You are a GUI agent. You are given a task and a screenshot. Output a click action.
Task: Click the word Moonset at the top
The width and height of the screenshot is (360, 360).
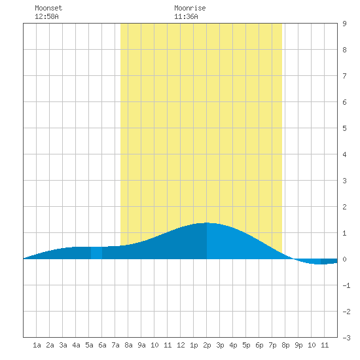[x=48, y=8]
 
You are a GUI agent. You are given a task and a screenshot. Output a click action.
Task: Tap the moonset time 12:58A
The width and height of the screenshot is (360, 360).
[x=46, y=16]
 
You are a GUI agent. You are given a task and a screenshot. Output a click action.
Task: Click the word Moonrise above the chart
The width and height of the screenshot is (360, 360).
[x=190, y=8]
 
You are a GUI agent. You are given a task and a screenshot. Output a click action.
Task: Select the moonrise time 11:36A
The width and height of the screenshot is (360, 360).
[x=186, y=16]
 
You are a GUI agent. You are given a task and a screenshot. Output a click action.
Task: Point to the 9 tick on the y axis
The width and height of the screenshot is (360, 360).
[x=344, y=24]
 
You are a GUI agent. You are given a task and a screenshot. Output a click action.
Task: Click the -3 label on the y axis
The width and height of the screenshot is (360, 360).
[x=346, y=338]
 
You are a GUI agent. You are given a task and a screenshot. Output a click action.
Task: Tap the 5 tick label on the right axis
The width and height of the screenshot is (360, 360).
[x=344, y=128]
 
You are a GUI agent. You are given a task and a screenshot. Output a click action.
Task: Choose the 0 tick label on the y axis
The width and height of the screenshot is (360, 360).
[x=344, y=259]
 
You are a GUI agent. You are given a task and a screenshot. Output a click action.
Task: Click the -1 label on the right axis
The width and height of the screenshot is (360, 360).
[x=346, y=285]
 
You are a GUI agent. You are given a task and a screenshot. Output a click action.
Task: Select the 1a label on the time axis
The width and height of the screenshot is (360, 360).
[x=37, y=345]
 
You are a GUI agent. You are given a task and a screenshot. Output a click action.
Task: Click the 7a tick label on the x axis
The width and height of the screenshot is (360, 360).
[x=115, y=345]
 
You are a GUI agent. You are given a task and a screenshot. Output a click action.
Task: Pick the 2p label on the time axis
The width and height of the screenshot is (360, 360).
[x=207, y=345]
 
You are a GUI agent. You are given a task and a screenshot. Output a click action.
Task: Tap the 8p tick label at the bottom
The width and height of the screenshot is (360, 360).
[x=285, y=345]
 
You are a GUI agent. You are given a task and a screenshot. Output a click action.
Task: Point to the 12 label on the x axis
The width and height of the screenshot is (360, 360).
[x=181, y=345]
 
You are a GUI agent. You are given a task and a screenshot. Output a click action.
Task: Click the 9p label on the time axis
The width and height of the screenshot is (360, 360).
[x=298, y=345]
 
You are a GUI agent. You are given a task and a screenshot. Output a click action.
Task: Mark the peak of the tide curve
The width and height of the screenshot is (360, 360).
[x=207, y=223]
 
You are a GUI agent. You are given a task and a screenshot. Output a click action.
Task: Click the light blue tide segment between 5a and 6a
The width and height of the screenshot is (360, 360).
[x=96, y=253]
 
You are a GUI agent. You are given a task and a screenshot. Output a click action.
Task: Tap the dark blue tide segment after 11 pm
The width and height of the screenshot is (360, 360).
[x=329, y=261]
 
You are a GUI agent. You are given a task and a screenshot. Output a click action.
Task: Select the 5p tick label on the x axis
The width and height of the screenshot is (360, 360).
[x=246, y=345]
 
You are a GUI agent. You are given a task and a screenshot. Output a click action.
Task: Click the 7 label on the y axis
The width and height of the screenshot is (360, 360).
[x=344, y=76]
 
